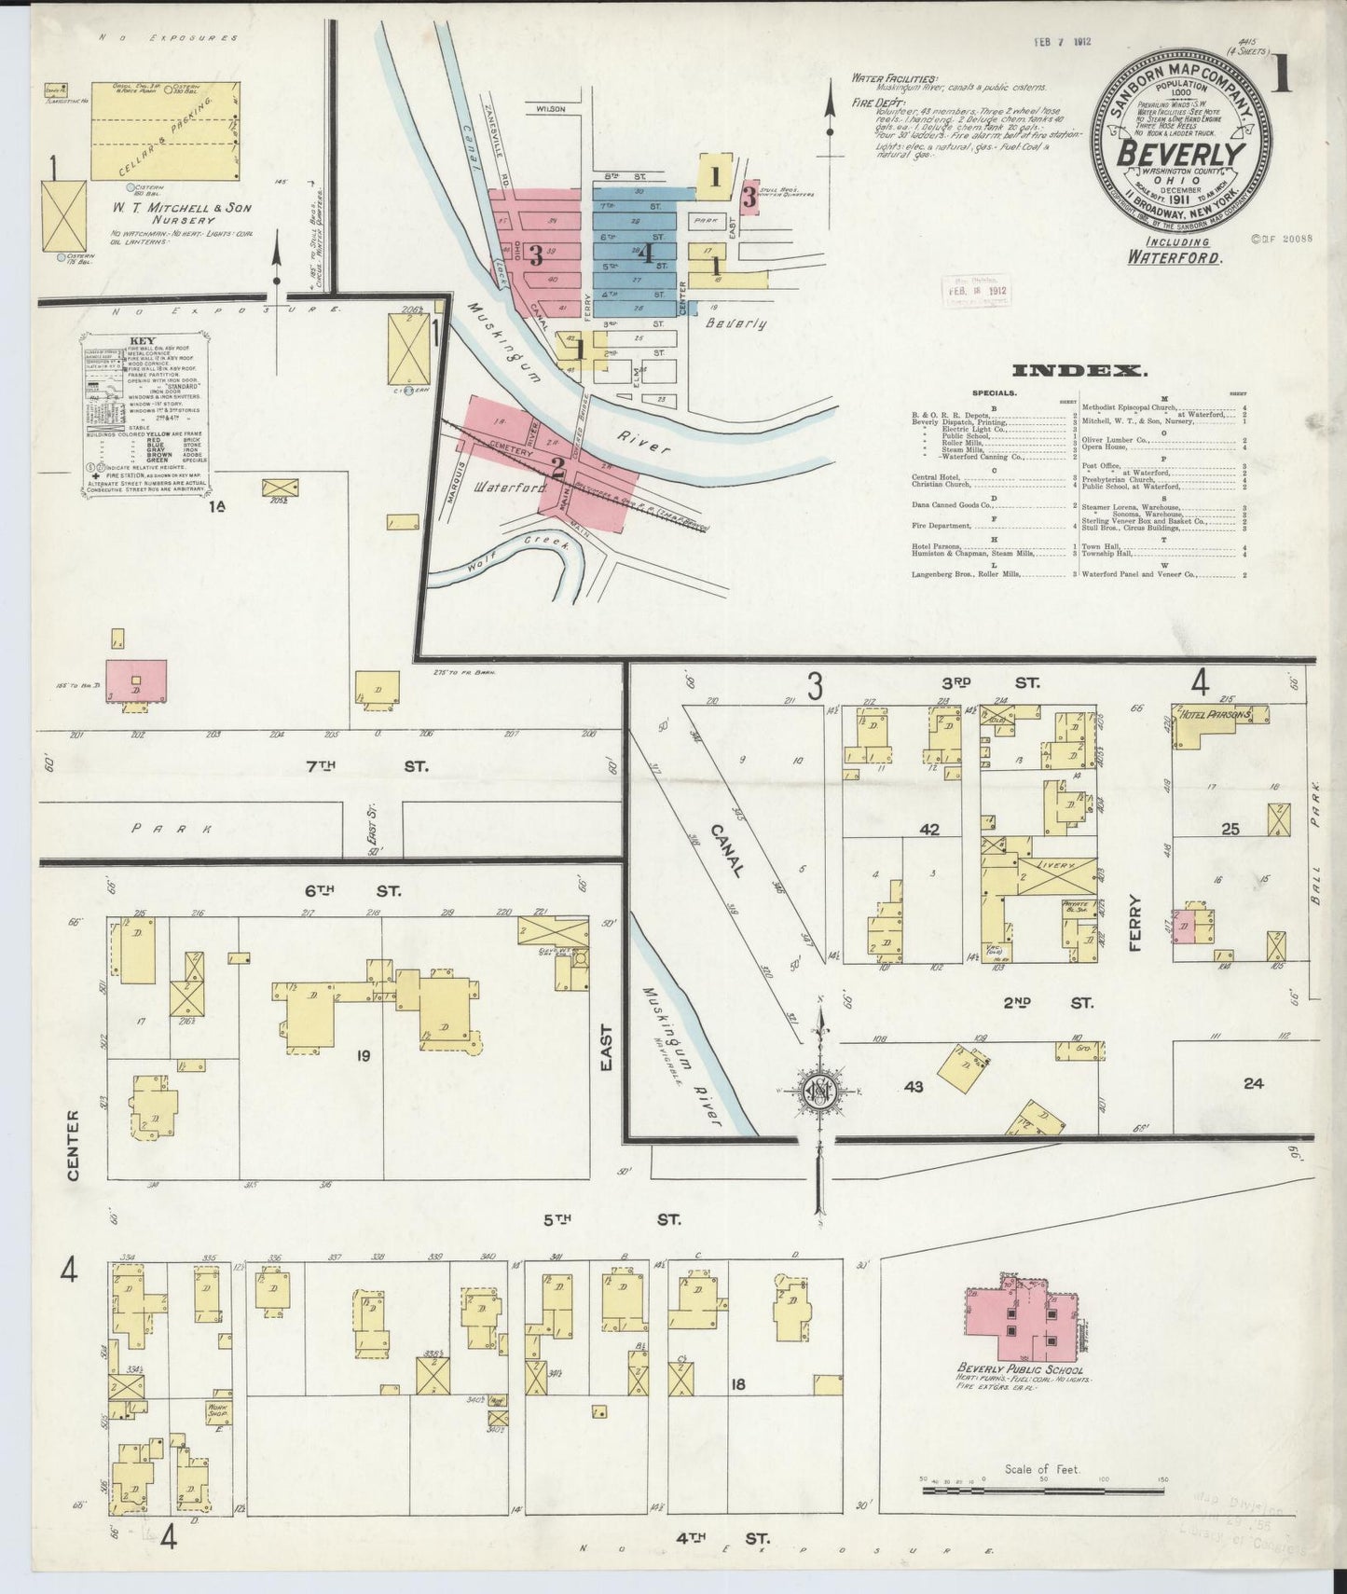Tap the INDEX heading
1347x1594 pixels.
[x=1079, y=371]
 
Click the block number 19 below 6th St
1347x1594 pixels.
[x=363, y=1056]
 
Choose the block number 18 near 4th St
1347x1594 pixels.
[x=737, y=1385]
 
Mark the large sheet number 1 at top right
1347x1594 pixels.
[x=1283, y=72]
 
